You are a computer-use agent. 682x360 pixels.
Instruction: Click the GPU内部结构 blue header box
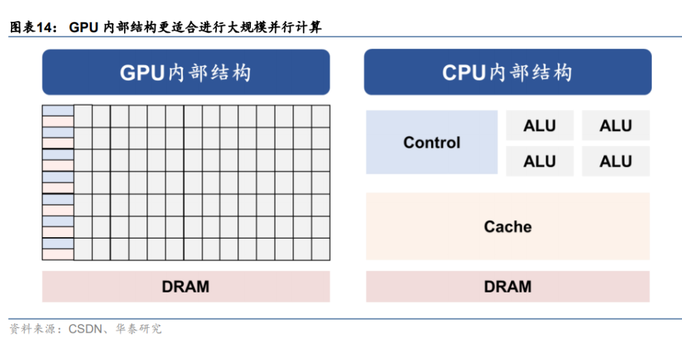186,72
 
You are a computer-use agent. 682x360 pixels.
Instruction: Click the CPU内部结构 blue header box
507,72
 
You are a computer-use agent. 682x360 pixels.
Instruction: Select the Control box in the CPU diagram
432,142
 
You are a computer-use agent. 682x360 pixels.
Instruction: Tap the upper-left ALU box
539,125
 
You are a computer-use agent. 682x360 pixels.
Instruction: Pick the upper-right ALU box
615,125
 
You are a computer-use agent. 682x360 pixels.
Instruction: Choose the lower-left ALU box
539,161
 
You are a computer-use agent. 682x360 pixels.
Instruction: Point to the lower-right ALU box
615,161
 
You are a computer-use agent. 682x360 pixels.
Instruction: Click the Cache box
507,226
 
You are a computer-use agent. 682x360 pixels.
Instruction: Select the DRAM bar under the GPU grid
186,286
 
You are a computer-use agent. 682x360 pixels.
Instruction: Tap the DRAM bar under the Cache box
507,286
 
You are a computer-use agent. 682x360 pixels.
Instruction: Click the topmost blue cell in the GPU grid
58,110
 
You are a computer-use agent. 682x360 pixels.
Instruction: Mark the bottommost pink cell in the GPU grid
58,254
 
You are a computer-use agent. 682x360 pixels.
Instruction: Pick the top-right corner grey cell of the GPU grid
321,116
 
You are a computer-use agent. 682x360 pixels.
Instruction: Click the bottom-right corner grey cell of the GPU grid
321,249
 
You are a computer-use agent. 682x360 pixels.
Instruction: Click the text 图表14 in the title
31,27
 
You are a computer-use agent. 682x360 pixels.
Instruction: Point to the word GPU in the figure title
83,27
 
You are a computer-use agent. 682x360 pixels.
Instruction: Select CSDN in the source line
85,329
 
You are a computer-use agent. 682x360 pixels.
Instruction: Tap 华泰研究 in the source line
138,329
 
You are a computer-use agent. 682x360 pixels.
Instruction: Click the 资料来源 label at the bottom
32,329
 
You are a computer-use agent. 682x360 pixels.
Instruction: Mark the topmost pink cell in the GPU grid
58,121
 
